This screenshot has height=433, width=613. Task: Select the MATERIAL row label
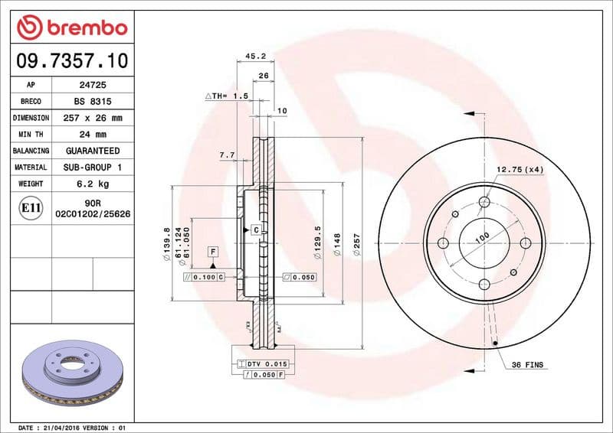(31, 167)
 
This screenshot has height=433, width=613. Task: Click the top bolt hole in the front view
(484, 203)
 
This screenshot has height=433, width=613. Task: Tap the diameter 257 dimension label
(356, 244)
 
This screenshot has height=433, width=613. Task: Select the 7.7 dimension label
(227, 155)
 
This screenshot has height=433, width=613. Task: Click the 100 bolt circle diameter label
(481, 238)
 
